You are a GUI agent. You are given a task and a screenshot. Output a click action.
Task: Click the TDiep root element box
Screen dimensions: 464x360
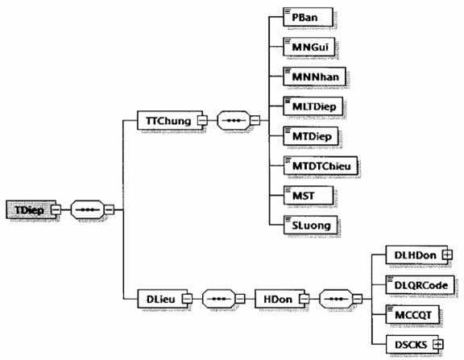(x=31, y=209)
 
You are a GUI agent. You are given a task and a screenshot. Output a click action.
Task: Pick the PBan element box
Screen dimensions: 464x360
(x=308, y=17)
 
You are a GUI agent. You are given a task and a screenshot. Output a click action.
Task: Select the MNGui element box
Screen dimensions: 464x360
(x=309, y=47)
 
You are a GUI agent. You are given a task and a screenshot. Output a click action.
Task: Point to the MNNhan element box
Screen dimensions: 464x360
(x=314, y=77)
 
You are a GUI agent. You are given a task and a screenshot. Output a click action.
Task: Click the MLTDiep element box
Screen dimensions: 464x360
(x=313, y=106)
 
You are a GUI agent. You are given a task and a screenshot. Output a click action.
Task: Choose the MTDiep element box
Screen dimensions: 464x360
(x=311, y=136)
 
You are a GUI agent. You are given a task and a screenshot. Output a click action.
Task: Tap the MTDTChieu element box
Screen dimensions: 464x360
(x=321, y=166)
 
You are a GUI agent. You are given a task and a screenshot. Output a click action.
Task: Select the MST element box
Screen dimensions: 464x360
(x=309, y=195)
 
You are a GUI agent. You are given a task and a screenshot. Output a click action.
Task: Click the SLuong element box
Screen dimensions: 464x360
(x=310, y=226)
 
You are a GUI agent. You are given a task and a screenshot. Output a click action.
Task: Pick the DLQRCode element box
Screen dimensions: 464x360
(x=420, y=285)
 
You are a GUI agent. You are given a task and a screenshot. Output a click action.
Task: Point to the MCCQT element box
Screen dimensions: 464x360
(x=412, y=314)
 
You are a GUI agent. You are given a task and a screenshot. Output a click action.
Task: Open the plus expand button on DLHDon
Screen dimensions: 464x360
(x=447, y=254)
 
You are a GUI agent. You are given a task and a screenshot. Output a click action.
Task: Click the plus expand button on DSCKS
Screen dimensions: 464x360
(x=438, y=345)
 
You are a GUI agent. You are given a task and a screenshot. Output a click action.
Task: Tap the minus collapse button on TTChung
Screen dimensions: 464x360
(x=203, y=120)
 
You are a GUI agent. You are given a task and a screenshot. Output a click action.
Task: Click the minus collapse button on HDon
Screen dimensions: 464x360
(x=304, y=299)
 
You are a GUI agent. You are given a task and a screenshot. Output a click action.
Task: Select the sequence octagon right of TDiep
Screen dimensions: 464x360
(x=88, y=209)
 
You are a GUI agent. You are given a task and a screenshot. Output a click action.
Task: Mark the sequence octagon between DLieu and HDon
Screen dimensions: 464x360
(x=219, y=299)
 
